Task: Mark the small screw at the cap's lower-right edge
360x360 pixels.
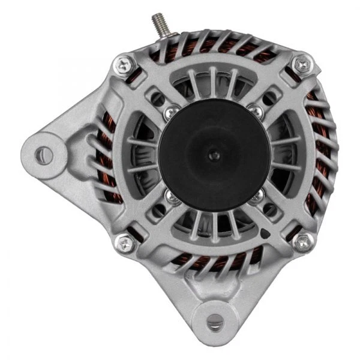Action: pyautogui.click(x=256, y=196)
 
